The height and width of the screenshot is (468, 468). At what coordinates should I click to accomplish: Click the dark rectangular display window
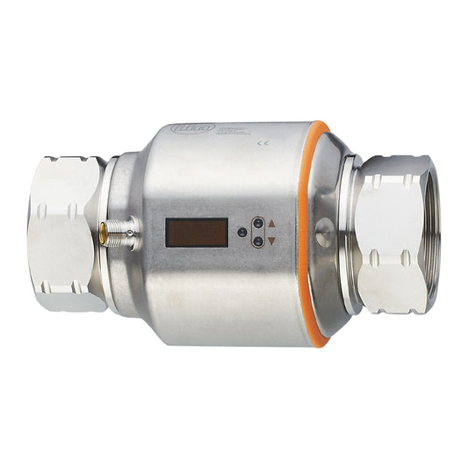(x=197, y=233)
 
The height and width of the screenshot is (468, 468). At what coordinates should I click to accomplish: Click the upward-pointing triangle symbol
(x=271, y=224)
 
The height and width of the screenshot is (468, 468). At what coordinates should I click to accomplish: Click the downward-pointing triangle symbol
(x=271, y=240)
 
